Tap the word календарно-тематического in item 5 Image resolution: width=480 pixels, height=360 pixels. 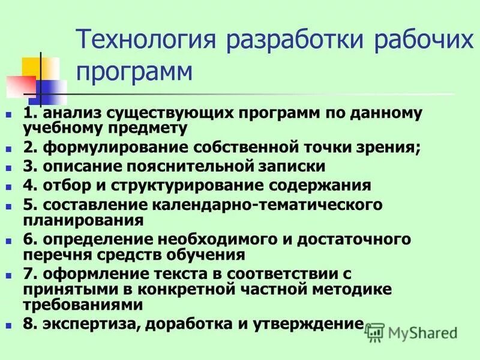pos(267,205)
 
